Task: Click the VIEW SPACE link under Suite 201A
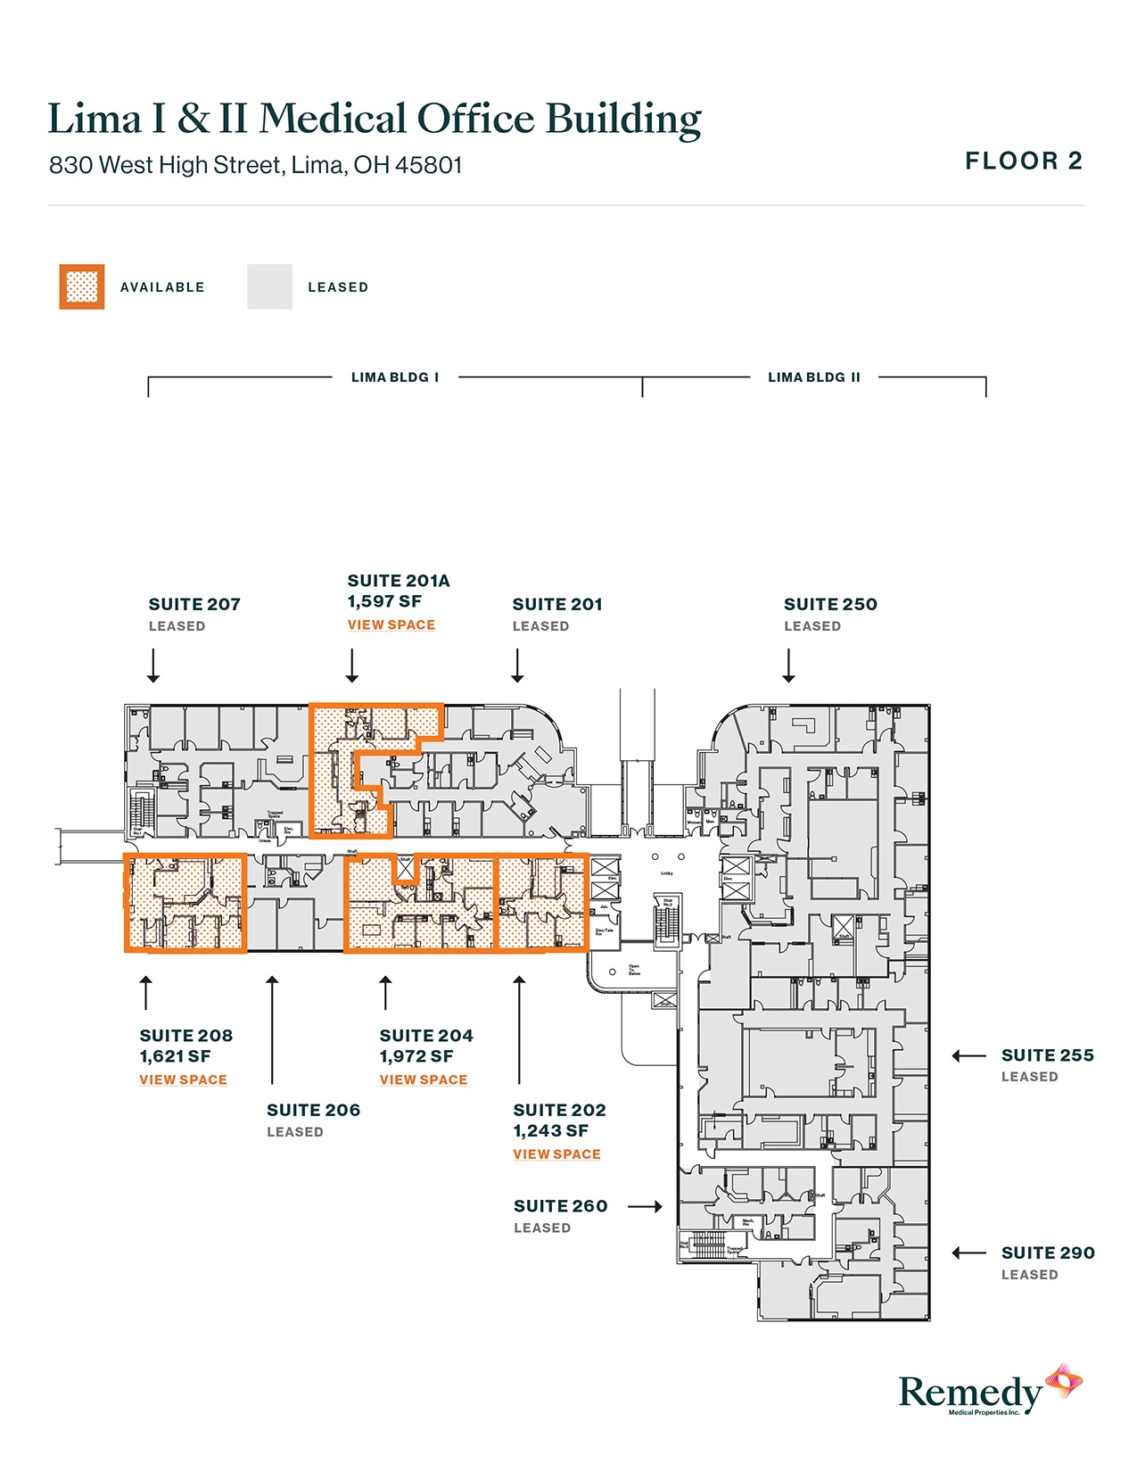[x=391, y=625]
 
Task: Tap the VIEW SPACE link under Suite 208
[x=183, y=1080]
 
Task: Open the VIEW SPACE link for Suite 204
[x=424, y=1080]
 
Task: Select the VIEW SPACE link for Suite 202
[x=556, y=1154]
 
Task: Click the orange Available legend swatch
[x=82, y=287]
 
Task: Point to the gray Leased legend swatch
[x=269, y=287]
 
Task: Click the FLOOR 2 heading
[x=1024, y=161]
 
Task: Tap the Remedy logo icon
[x=1064, y=1382]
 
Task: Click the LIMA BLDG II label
[x=814, y=377]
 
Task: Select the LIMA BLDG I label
[x=395, y=377]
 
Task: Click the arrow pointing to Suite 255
[x=968, y=1056]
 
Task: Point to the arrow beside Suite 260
[x=645, y=1207]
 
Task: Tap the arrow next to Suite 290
[x=968, y=1253]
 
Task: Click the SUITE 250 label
[x=830, y=605]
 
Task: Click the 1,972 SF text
[x=416, y=1057]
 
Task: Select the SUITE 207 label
[x=194, y=605]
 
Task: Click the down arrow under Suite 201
[x=517, y=666]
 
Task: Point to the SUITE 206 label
[x=313, y=1111]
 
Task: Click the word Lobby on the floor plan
[x=666, y=873]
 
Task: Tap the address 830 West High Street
[x=255, y=165]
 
